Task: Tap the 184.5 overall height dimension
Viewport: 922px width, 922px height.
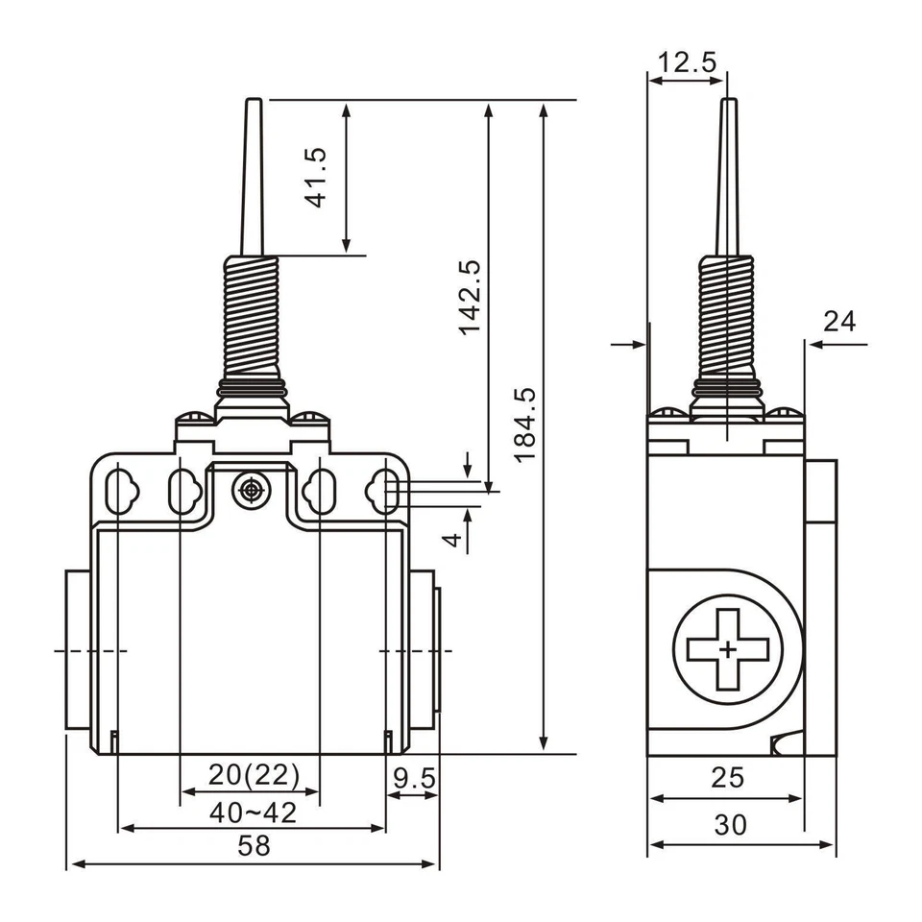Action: pos(524,424)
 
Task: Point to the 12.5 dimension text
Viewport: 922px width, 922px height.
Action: pos(687,63)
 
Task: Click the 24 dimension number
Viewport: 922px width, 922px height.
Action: pos(839,322)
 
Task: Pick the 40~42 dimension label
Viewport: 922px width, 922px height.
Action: pos(254,813)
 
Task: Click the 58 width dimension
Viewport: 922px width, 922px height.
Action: pos(255,846)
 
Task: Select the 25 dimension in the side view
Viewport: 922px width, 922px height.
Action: pos(728,777)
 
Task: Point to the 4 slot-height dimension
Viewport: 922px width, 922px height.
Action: pos(451,540)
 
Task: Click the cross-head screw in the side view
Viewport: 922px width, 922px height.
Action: pos(727,650)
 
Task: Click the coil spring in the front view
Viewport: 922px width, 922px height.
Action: pos(252,318)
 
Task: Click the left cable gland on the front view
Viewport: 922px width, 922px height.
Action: pos(79,650)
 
